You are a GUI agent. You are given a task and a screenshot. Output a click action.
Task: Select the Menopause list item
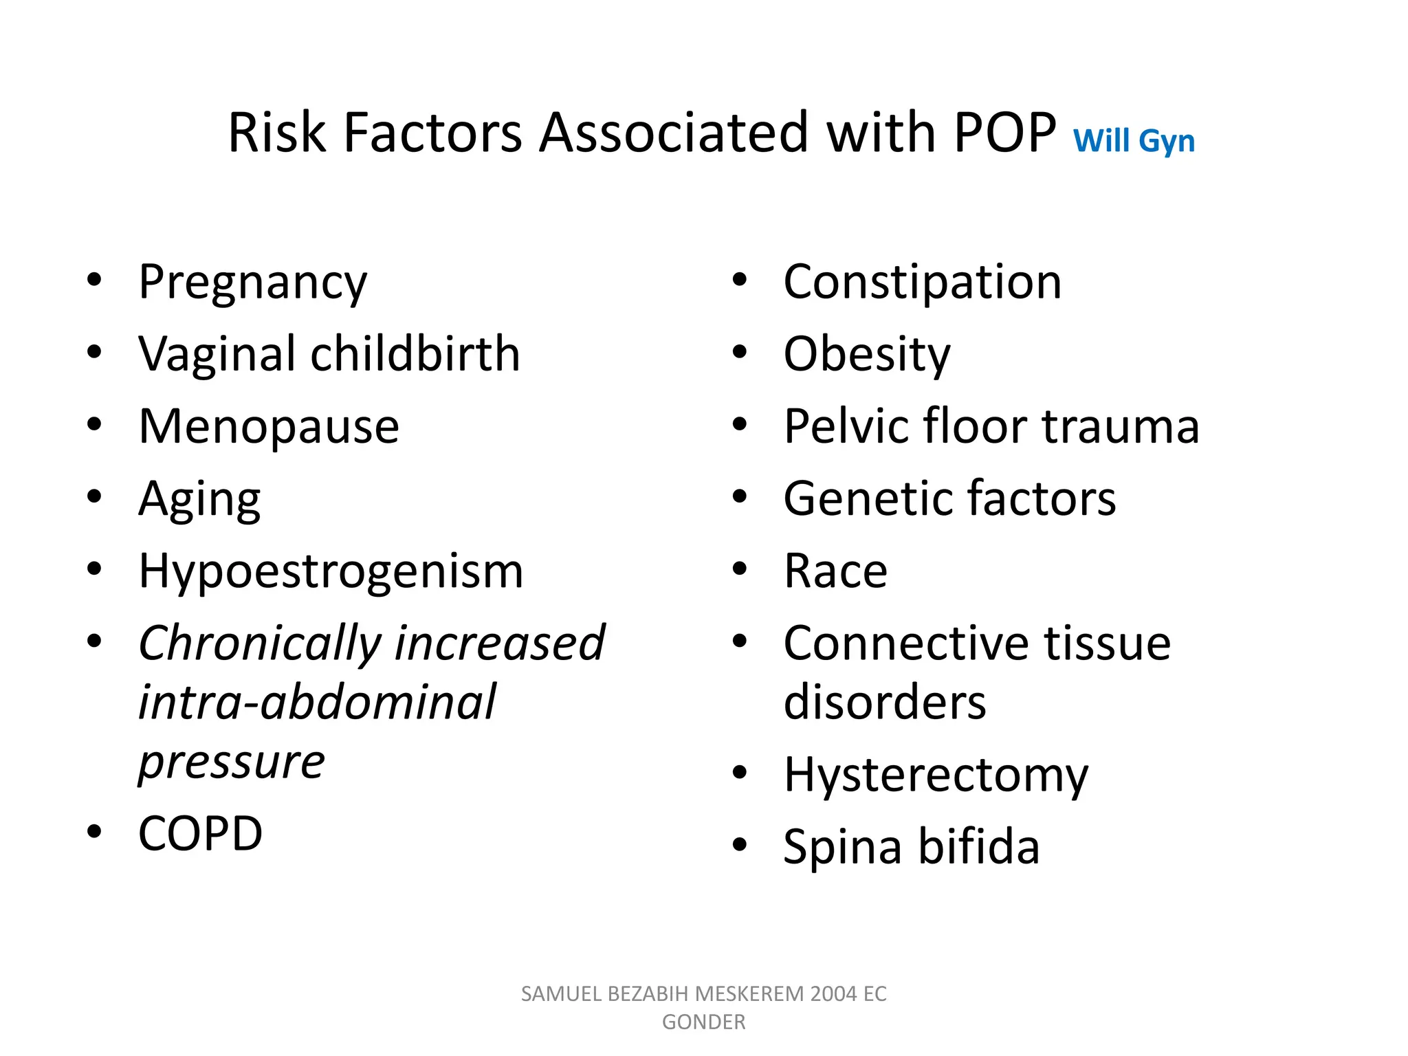[x=268, y=427]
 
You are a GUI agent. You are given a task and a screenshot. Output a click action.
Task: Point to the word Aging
[x=199, y=500]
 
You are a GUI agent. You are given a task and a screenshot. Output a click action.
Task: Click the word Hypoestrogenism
[x=331, y=571]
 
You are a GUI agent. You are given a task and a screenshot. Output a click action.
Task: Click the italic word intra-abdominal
[x=317, y=703]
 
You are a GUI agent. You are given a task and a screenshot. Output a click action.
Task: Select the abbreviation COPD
[x=200, y=834]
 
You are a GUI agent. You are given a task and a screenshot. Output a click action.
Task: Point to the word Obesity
[x=867, y=355]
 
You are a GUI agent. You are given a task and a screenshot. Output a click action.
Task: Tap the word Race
[x=835, y=571]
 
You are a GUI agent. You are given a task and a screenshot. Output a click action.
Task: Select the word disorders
[x=885, y=703]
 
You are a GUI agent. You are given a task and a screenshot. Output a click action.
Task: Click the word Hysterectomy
[x=936, y=775]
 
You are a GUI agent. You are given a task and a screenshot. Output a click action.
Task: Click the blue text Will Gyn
[x=1134, y=141]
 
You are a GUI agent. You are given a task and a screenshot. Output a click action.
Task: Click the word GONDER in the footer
[x=703, y=1022]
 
